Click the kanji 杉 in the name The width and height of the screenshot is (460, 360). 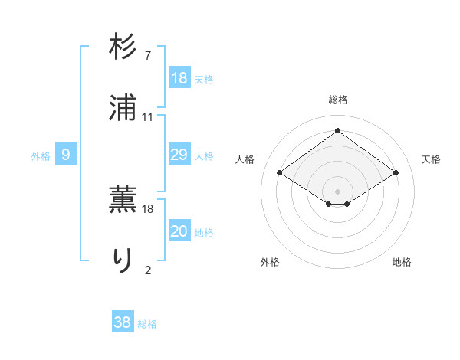tap(123, 47)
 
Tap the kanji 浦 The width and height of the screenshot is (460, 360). tap(123, 108)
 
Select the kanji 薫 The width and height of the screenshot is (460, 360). tap(123, 200)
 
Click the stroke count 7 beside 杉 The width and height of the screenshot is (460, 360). tap(147, 56)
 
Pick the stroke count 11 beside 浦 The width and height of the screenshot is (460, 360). tap(147, 117)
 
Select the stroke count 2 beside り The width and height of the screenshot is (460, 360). tap(147, 269)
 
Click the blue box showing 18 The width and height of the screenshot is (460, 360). tap(179, 77)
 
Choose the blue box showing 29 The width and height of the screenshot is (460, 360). tap(179, 155)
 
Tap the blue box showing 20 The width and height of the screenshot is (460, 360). tap(179, 231)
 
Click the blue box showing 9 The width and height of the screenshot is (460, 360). tap(66, 155)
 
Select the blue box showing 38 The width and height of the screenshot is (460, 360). tap(123, 322)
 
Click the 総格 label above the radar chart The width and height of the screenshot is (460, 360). tap(338, 100)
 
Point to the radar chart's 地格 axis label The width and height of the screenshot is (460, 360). tap(402, 262)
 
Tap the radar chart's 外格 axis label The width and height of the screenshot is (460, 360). tap(270, 262)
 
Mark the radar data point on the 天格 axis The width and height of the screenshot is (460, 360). tap(396, 173)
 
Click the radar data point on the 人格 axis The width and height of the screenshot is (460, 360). tap(280, 173)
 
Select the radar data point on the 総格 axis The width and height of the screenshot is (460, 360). tap(338, 129)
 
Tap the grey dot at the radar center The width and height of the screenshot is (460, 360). tap(338, 191)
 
